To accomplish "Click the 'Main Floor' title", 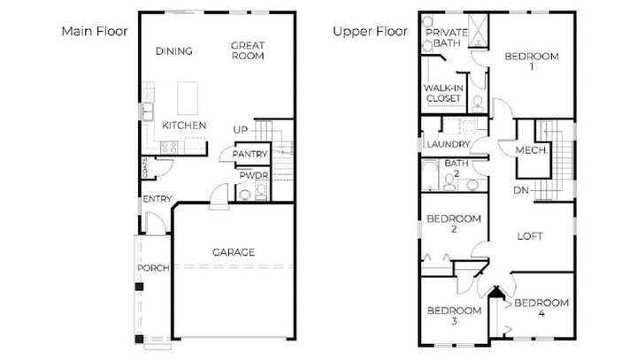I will [94, 31].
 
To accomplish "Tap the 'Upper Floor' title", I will [369, 31].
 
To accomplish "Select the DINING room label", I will [173, 50].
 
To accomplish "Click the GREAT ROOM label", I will [248, 50].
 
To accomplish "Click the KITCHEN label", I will [184, 126].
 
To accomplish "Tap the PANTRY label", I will [249, 155].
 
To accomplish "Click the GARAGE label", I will [233, 252].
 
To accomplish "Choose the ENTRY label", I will [157, 199].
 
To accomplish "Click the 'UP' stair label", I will [240, 131].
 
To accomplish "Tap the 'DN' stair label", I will [521, 191].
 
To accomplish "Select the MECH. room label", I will [533, 151].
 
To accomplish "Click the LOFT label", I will [530, 236].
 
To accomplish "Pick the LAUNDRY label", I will [445, 145].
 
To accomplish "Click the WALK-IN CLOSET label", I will [443, 93].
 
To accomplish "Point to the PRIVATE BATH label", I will [447, 37].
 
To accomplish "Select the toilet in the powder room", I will [245, 194].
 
